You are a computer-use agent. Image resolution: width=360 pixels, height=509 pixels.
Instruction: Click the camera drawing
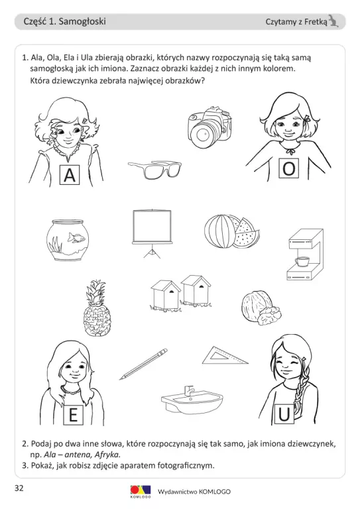[x=210, y=127]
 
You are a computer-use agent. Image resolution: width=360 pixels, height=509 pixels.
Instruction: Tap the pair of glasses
[x=154, y=170]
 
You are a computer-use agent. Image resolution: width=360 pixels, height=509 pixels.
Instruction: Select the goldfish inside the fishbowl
[x=76, y=239]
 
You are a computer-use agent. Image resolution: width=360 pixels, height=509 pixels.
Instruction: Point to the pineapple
[x=97, y=308]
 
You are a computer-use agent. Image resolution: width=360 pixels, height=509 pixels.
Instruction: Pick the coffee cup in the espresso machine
[x=302, y=260]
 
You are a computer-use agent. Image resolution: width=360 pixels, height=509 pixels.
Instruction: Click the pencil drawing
[x=143, y=364]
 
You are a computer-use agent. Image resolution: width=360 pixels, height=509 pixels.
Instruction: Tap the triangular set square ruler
[x=225, y=356]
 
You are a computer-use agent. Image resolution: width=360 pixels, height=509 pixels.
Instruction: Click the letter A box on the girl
[x=70, y=175]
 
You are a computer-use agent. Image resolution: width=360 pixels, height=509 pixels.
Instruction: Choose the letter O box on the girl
[x=288, y=168]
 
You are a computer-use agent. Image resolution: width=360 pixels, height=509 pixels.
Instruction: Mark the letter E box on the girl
[x=73, y=415]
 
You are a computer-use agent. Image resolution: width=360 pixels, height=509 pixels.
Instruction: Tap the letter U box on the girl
[x=284, y=414]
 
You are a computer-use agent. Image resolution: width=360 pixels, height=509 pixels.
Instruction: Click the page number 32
[x=19, y=488]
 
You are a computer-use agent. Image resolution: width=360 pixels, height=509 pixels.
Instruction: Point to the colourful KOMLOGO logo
[x=141, y=492]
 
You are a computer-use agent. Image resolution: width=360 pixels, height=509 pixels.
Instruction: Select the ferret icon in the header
[x=333, y=21]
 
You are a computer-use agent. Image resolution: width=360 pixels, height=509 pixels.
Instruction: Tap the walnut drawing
[x=261, y=308]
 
